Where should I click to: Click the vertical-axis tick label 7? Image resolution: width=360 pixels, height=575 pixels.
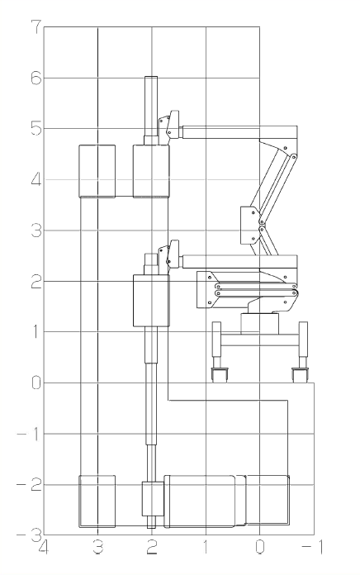click(36, 27)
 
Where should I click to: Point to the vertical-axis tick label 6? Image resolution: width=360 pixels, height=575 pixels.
click(36, 78)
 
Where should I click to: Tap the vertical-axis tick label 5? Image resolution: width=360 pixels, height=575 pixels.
click(36, 128)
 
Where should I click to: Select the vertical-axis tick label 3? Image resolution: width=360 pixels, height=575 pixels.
click(36, 230)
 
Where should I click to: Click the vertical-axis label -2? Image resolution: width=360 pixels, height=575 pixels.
click(29, 485)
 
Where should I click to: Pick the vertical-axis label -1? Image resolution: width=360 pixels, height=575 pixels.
click(29, 435)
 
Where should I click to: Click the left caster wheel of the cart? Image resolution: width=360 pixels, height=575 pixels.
click(220, 375)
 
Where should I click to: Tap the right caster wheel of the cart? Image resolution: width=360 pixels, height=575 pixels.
click(301, 375)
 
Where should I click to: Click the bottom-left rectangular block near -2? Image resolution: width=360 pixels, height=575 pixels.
click(97, 501)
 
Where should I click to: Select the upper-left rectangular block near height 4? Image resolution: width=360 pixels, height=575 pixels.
click(97, 171)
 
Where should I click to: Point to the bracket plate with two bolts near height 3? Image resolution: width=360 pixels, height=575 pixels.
click(250, 226)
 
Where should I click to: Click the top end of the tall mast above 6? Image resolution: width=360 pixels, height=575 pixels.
click(151, 77)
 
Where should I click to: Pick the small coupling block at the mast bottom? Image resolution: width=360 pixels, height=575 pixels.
click(153, 499)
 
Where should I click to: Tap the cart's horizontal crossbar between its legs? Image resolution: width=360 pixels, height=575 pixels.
click(260, 340)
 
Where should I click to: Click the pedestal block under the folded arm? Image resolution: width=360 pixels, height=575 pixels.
click(259, 324)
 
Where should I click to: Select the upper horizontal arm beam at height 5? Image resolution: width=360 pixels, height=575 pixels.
click(239, 132)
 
